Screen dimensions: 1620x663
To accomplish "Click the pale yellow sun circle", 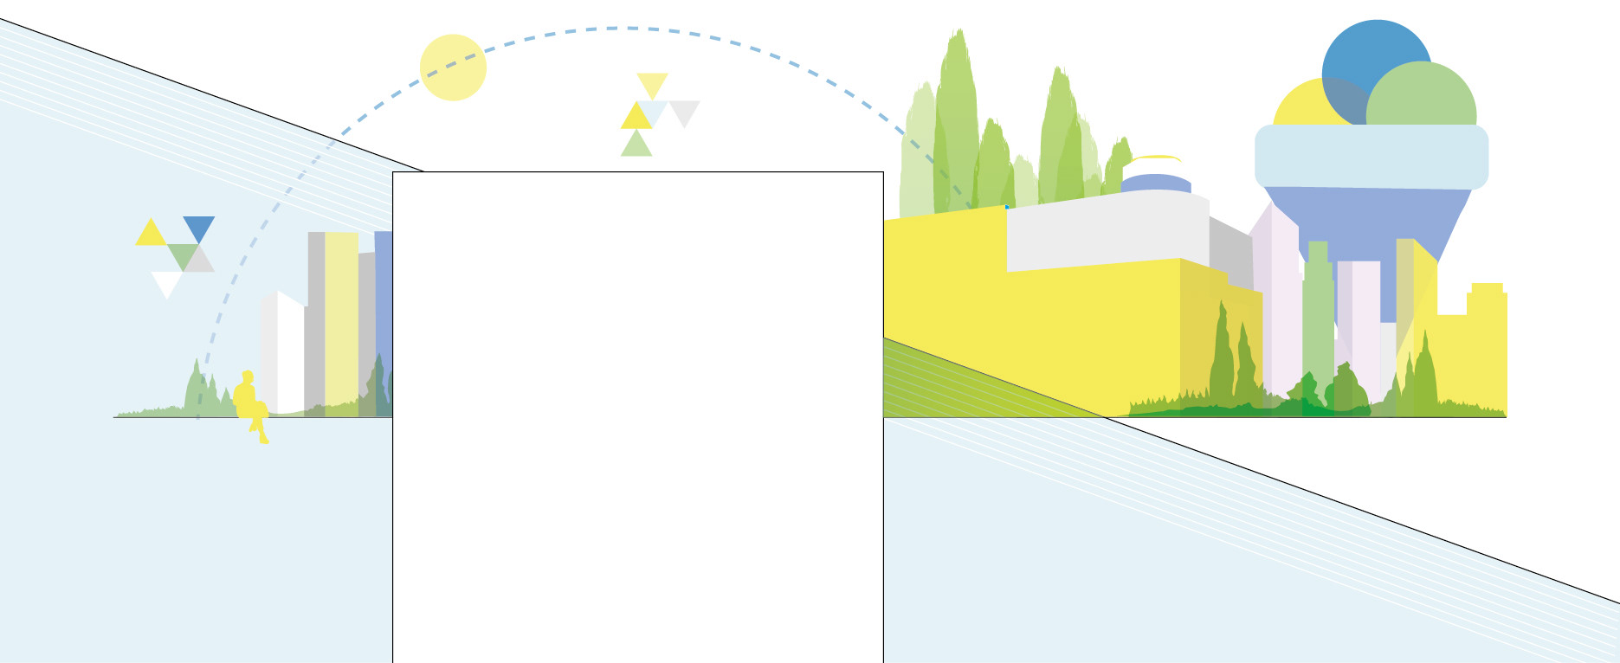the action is pyautogui.click(x=453, y=68).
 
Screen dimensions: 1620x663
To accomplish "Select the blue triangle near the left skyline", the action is pyautogui.click(x=199, y=227).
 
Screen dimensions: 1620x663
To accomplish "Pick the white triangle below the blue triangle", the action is pyautogui.click(x=166, y=282).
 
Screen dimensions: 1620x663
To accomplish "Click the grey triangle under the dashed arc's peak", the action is pyautogui.click(x=684, y=111).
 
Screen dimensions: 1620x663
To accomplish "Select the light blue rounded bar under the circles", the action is pyautogui.click(x=1371, y=157).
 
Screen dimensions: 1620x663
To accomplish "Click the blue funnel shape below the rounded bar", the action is pyautogui.click(x=1368, y=225).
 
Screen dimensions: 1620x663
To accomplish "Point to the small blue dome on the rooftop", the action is pyautogui.click(x=1156, y=183).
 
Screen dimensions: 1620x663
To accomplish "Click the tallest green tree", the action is pyautogui.click(x=956, y=121).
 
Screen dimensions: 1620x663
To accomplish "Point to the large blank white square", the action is pyautogui.click(x=637, y=415).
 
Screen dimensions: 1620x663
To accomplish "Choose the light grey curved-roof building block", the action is pyautogui.click(x=1108, y=229).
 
